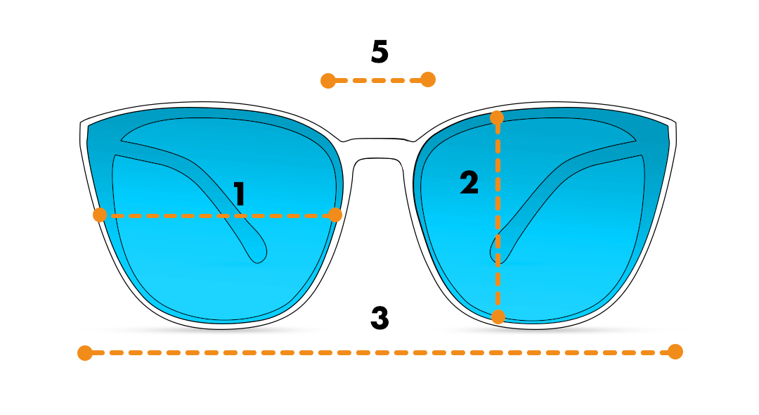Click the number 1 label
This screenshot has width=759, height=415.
point(239,193)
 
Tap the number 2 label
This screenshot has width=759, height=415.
point(469,183)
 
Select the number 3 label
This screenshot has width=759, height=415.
point(380,318)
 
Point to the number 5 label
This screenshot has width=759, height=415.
point(380,51)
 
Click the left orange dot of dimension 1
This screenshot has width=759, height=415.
point(100,215)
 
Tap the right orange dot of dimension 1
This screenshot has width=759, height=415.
point(335,215)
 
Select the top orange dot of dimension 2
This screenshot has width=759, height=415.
point(497,117)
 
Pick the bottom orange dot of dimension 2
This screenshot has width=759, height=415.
point(498,317)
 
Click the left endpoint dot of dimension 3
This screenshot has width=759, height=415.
point(85,353)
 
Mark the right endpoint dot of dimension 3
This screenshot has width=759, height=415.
point(675,352)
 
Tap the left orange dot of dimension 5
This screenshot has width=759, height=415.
point(328,81)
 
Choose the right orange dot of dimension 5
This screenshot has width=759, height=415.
point(428,79)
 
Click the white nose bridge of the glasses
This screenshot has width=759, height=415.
point(379,148)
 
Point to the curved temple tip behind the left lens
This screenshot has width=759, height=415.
point(259,252)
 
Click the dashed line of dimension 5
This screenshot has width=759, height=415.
point(378,80)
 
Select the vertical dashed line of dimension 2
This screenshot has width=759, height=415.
point(498,217)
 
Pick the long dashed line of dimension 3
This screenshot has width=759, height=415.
point(380,352)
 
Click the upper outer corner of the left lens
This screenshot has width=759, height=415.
point(88,127)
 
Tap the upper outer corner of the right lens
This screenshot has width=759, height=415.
point(668,127)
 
